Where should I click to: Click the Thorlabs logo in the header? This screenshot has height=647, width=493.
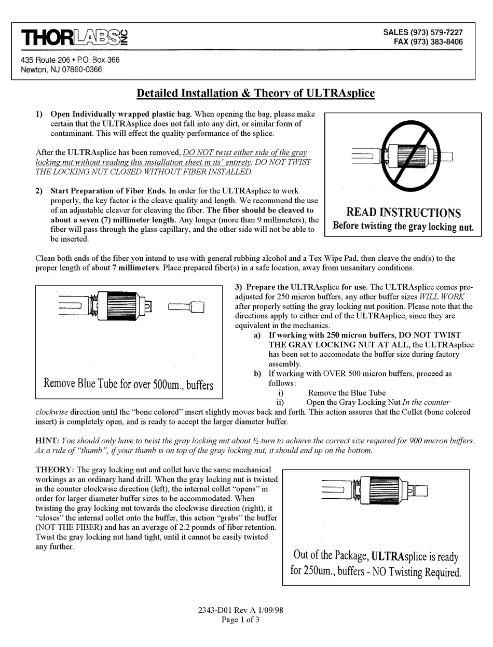(x=74, y=38)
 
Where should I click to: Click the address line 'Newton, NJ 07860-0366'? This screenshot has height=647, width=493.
(x=61, y=69)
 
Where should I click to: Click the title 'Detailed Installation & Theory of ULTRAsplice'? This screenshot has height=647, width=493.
(x=255, y=93)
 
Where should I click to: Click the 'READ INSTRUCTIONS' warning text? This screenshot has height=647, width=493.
(x=403, y=213)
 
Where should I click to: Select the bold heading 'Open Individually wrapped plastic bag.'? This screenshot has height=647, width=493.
(x=121, y=114)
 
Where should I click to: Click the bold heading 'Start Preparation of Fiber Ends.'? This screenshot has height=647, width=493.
(x=108, y=191)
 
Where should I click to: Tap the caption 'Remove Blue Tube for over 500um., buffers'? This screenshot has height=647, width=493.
(x=129, y=384)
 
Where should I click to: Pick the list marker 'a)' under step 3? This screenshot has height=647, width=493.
(x=257, y=335)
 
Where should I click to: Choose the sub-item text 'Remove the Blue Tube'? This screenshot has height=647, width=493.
(x=347, y=392)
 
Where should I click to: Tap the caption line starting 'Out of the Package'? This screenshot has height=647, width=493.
(x=376, y=556)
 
